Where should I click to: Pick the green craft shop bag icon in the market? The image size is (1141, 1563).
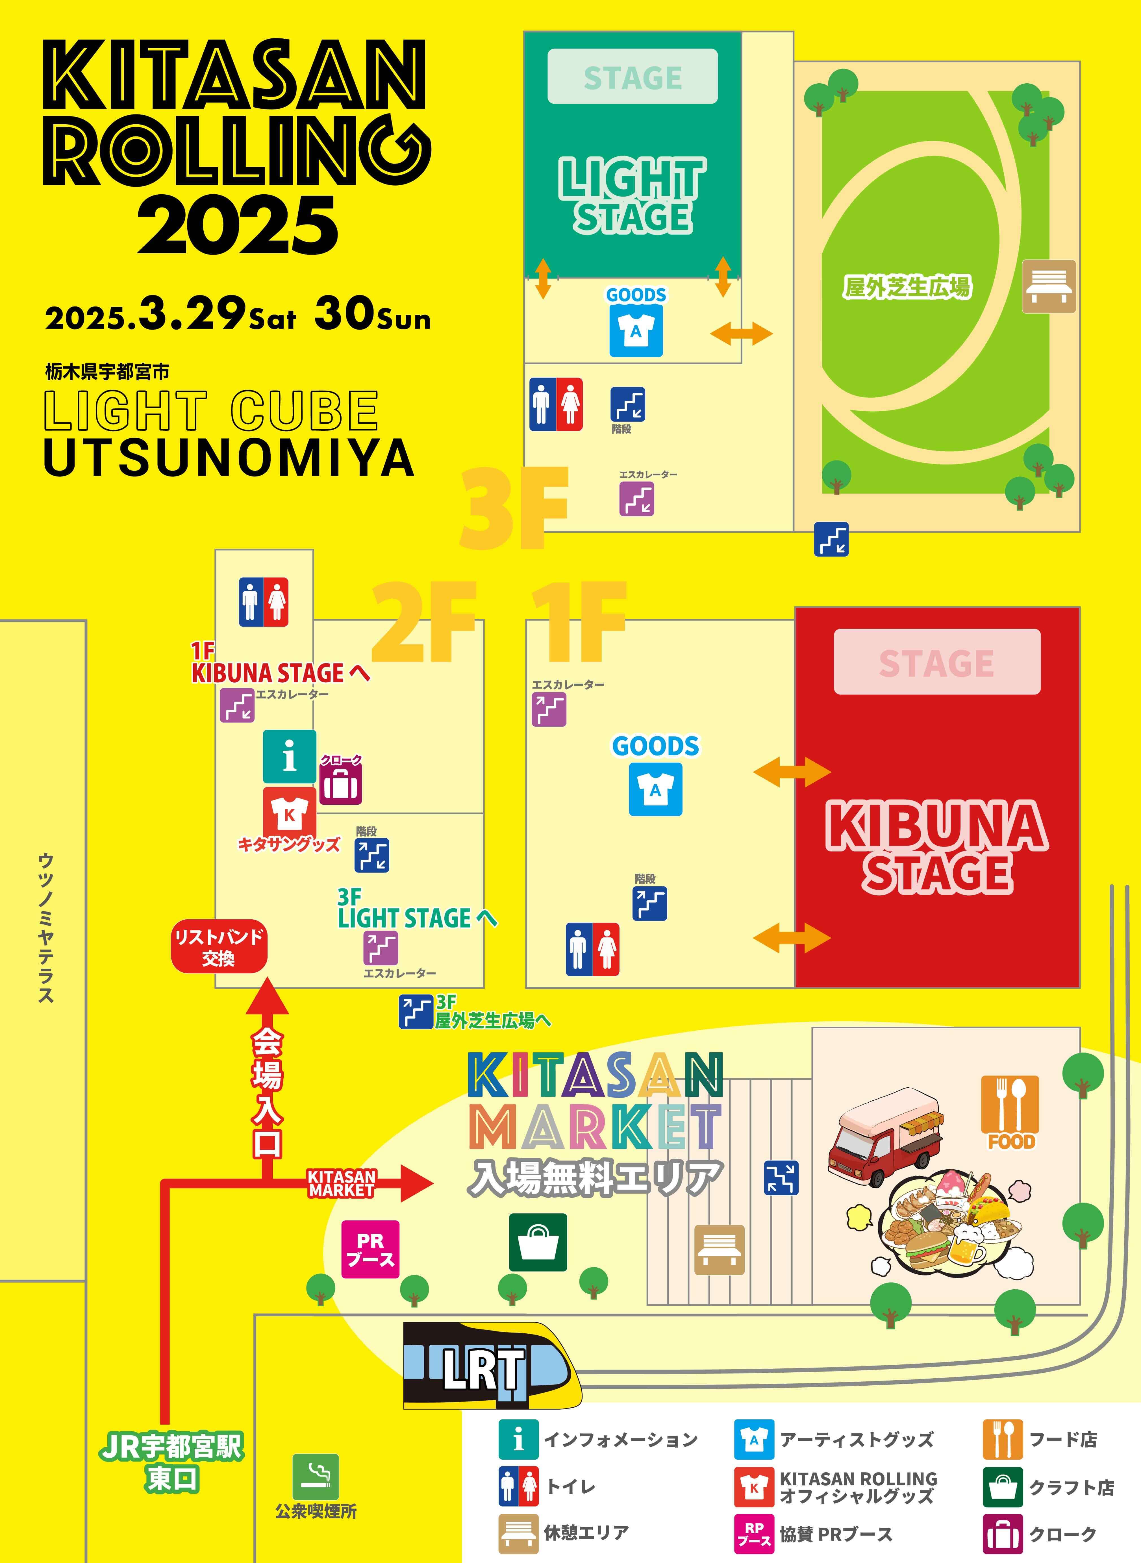pos(538,1243)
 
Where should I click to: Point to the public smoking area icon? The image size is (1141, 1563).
pos(316,1477)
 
